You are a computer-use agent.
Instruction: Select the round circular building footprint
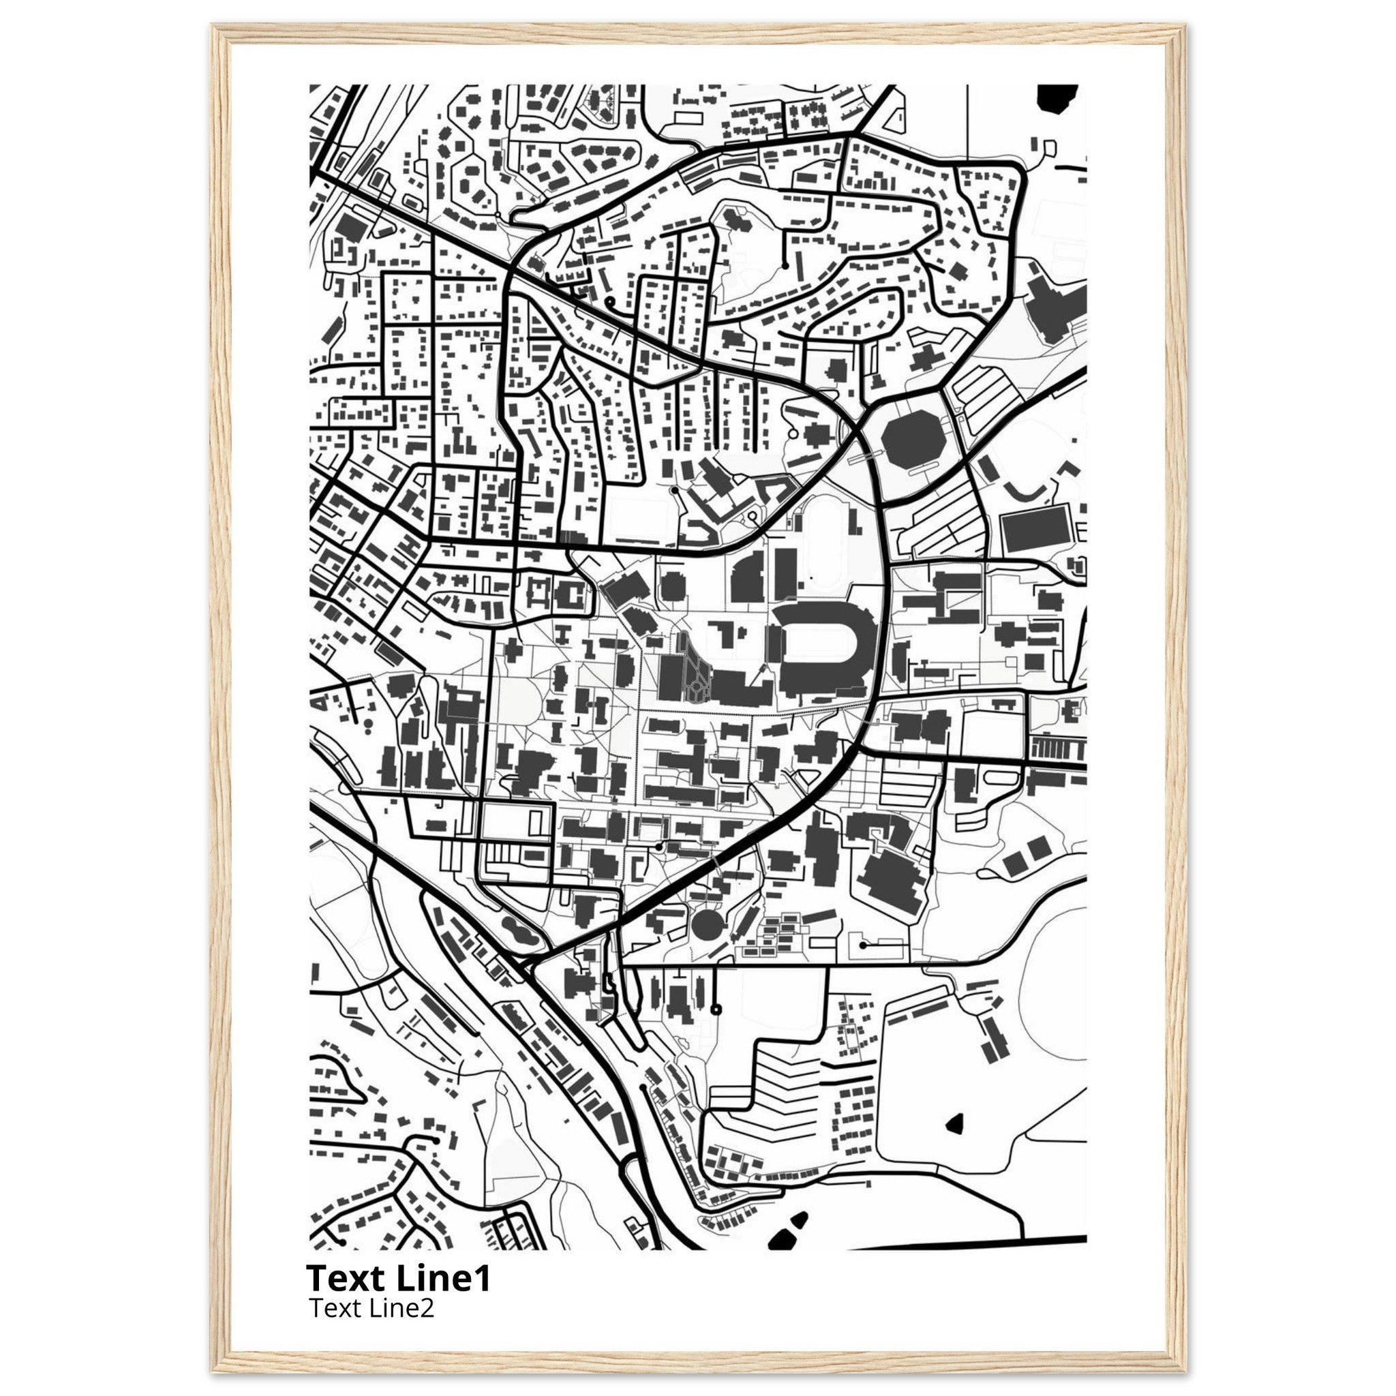(707, 924)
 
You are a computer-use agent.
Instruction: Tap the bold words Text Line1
(398, 1278)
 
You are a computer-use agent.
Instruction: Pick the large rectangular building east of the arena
(1035, 530)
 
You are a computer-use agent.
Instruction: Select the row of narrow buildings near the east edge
(1058, 746)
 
